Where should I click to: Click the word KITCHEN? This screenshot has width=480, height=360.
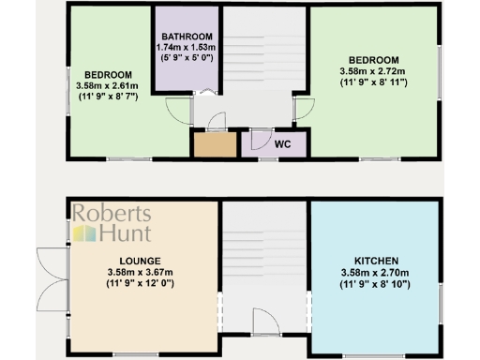(377, 260)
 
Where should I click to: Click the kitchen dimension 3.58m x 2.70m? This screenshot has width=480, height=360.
(377, 273)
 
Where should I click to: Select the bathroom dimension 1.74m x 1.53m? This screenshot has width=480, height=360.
(187, 46)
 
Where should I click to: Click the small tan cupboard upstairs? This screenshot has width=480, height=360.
(214, 145)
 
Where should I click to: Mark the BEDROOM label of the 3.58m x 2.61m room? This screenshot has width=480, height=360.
(108, 75)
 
